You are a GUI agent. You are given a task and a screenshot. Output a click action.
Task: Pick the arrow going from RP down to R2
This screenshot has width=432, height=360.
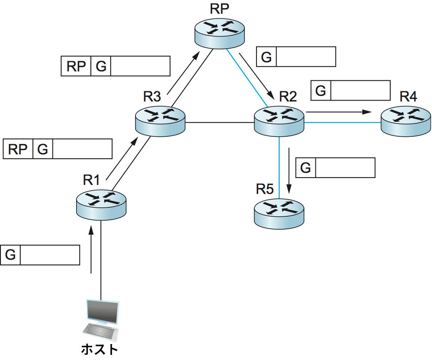(x=258, y=76)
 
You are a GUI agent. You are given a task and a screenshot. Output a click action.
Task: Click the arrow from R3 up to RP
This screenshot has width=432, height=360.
(x=184, y=72)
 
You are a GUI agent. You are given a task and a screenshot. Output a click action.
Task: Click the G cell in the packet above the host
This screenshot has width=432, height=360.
(x=11, y=255)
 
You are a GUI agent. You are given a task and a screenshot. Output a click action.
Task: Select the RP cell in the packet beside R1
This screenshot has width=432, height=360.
(x=18, y=149)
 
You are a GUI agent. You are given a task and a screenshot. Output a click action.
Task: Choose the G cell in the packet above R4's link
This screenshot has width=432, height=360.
(x=321, y=91)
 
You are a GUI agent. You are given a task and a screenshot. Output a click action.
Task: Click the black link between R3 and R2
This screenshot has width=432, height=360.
(x=219, y=123)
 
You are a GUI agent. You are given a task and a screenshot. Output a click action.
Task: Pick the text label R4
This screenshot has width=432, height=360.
(x=408, y=97)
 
